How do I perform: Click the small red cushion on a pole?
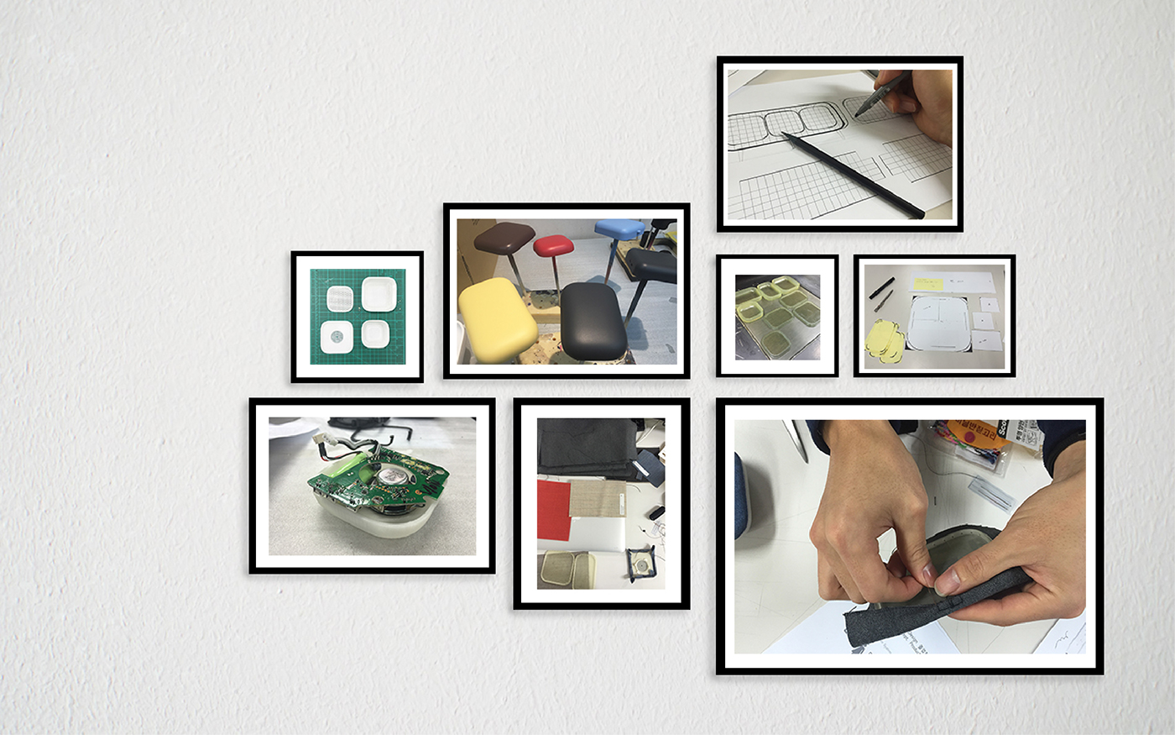coord(553,245)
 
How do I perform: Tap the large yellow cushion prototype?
coord(497,319)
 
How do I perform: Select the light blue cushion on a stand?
coord(619,228)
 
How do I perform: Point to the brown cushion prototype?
coord(504,238)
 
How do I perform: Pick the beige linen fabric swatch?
coord(598,499)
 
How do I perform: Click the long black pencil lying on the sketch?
coord(848,174)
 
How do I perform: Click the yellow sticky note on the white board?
coord(934,283)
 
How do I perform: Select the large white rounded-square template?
coord(940,323)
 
